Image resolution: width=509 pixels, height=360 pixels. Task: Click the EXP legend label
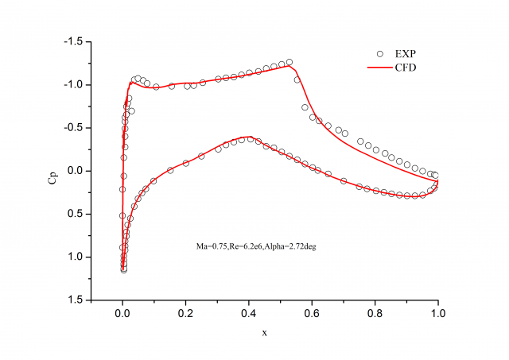click(404, 53)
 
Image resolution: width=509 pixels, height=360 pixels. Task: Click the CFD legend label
click(404, 68)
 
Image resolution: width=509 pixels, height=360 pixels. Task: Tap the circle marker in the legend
click(379, 53)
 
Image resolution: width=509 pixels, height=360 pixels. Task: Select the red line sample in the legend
click(379, 68)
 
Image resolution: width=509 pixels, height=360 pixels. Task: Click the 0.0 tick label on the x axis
click(122, 313)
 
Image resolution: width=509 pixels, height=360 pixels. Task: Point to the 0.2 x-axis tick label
click(185, 313)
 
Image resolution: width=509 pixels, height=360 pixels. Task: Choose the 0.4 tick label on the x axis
click(248, 313)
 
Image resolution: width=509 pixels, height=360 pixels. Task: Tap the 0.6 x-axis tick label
click(312, 313)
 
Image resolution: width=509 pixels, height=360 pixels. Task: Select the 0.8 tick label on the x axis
click(375, 313)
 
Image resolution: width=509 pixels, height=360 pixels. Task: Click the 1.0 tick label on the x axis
click(437, 313)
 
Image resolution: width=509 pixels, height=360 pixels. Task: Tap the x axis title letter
click(265, 332)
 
